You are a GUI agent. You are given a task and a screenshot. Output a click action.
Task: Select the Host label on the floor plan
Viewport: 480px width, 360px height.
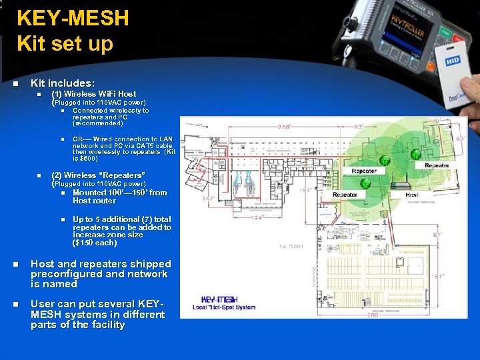pyautogui.click(x=413, y=195)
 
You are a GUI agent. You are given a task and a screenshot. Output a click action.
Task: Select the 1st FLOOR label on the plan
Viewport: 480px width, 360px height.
pyautogui.click(x=291, y=245)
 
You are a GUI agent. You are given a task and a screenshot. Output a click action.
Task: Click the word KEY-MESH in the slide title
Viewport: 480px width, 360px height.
pyautogui.click(x=73, y=18)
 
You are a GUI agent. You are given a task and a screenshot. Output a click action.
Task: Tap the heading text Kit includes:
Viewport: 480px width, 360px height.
pyautogui.click(x=63, y=83)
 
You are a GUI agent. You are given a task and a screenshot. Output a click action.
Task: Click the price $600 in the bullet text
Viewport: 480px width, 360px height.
pyautogui.click(x=89, y=159)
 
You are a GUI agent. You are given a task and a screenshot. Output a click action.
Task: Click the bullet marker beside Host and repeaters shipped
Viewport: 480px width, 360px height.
pyautogui.click(x=15, y=265)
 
